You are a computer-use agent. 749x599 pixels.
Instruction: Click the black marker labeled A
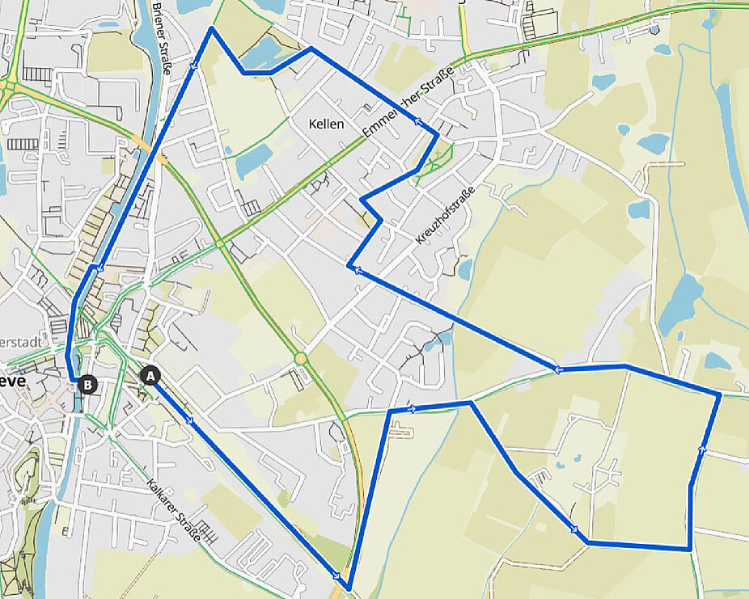click(150, 376)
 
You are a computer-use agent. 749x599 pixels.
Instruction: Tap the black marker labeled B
click(88, 384)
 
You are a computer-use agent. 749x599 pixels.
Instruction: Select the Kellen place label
click(326, 124)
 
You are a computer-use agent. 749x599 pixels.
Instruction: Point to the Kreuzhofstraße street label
click(443, 215)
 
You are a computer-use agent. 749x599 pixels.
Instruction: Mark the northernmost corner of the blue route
click(211, 28)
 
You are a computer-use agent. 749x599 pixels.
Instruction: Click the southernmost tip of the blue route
click(348, 588)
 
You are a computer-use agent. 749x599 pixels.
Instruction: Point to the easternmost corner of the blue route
click(719, 394)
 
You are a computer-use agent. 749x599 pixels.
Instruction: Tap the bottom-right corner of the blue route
click(689, 549)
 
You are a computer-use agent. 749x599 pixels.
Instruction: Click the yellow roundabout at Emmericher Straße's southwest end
click(219, 243)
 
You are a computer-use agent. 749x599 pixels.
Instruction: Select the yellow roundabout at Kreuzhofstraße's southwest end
click(301, 357)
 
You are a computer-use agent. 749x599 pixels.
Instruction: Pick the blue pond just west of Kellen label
click(254, 161)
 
